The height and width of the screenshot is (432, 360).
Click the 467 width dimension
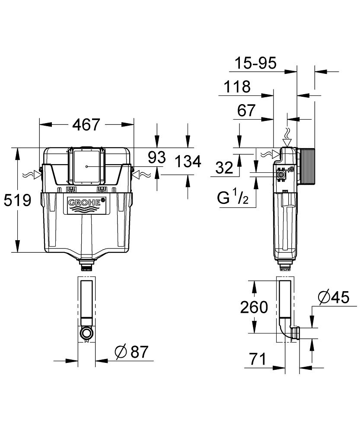(x=86, y=125)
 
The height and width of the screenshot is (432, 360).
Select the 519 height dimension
(x=17, y=200)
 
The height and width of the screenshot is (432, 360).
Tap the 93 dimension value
(x=157, y=158)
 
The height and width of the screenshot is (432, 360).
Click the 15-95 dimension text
(x=255, y=64)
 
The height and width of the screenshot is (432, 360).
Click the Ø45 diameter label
(x=333, y=298)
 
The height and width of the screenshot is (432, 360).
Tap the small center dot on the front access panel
(x=87, y=166)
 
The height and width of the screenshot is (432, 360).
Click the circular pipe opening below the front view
(x=86, y=333)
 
